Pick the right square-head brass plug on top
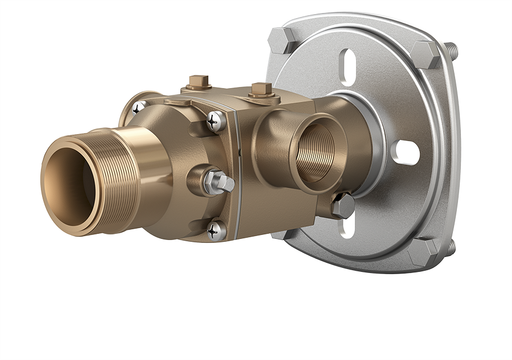click(x=261, y=90)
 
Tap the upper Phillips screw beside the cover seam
click(x=216, y=121)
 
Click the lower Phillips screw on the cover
click(x=216, y=230)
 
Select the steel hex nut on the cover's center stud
click(x=219, y=183)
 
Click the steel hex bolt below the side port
click(x=343, y=206)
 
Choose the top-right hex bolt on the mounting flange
click(x=426, y=55)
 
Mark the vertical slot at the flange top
click(x=348, y=67)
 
